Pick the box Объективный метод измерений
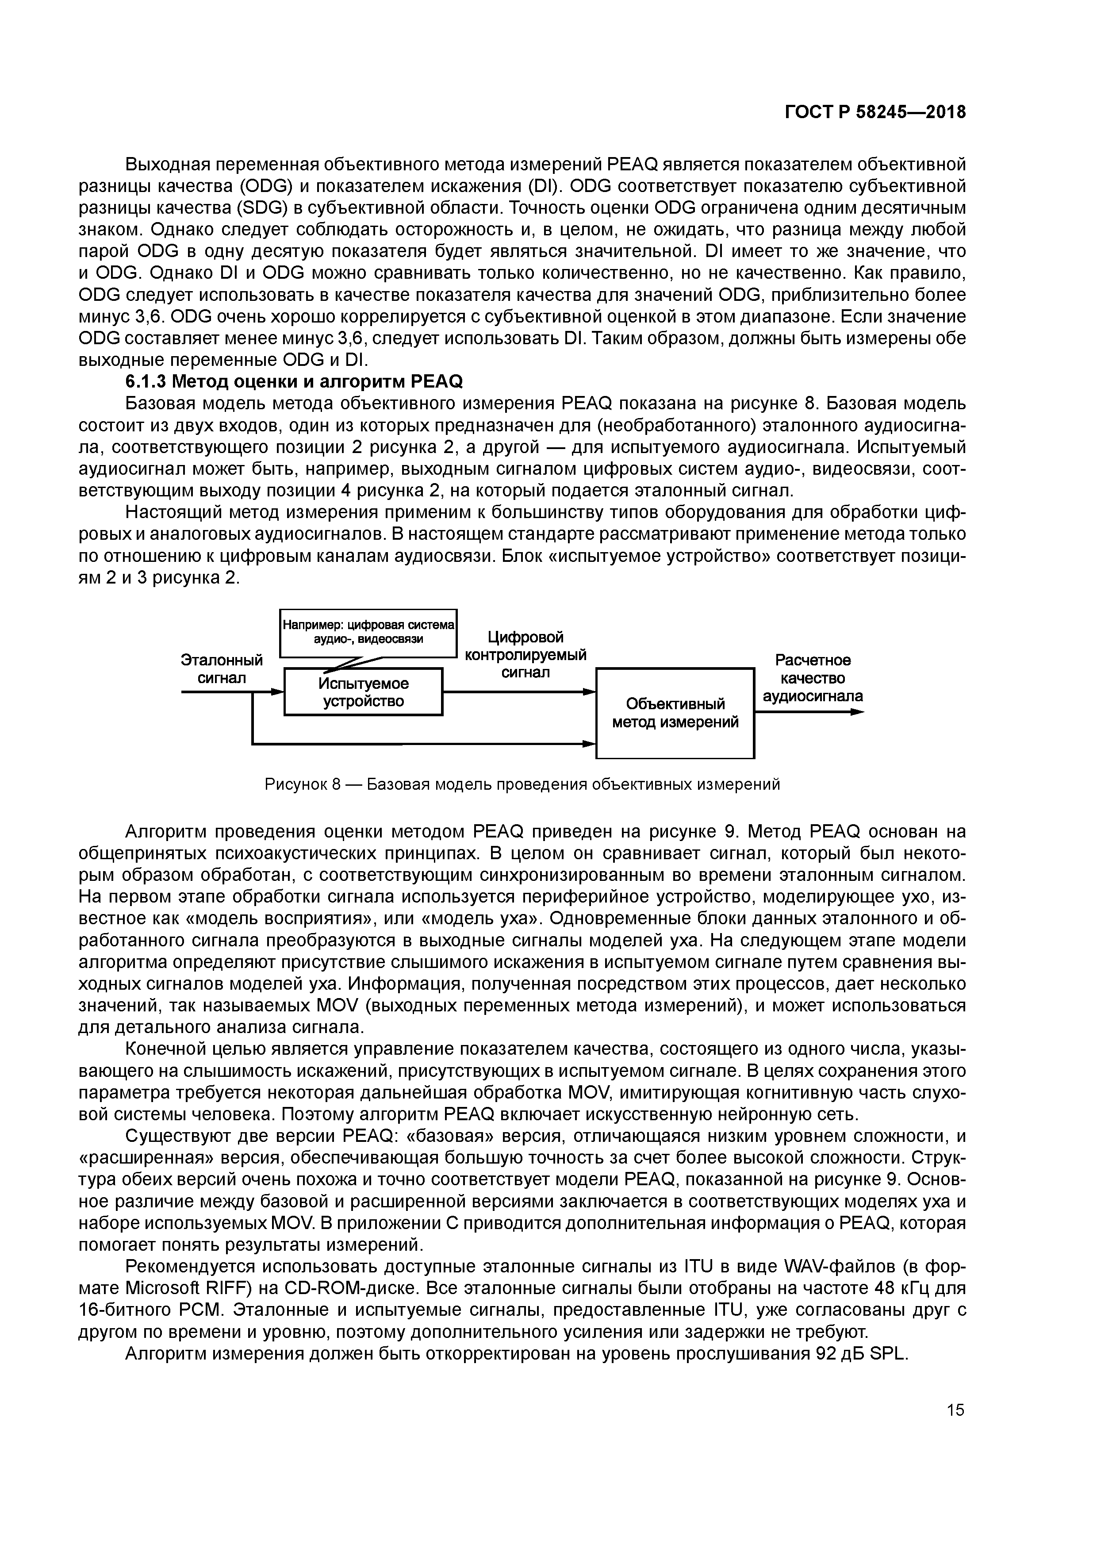pos(675,713)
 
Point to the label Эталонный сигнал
pos(222,668)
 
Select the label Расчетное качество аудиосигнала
pos(813,678)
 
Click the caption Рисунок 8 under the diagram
pos(522,784)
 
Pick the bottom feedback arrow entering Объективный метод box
pos(588,744)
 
